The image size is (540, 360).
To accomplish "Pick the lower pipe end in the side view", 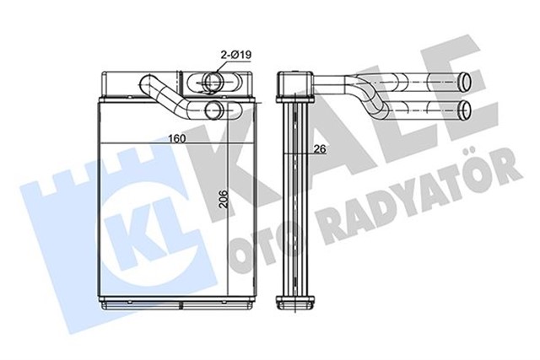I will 467,109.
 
